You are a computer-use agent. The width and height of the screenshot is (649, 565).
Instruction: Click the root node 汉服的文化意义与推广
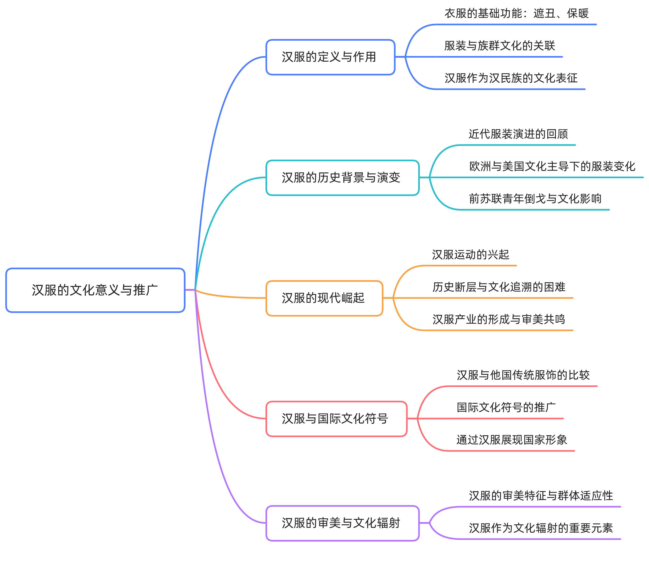[95, 290]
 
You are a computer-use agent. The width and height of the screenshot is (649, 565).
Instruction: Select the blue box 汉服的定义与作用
[330, 57]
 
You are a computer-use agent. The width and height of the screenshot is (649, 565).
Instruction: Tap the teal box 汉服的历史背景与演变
[342, 178]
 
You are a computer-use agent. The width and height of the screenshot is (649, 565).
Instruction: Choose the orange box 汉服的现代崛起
[324, 298]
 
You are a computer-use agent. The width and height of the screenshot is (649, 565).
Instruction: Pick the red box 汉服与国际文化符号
[336, 419]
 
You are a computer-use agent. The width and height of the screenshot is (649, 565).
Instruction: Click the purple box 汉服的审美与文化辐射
[342, 523]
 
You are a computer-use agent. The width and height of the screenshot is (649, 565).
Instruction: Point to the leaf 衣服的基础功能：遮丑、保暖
[516, 13]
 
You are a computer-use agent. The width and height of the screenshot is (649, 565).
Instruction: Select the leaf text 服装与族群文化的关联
[500, 46]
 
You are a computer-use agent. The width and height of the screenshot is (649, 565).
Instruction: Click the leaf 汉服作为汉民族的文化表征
[511, 78]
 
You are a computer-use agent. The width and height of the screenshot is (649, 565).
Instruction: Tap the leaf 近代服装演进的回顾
[518, 134]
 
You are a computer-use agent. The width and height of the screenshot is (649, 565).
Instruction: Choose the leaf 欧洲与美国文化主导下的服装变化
[552, 166]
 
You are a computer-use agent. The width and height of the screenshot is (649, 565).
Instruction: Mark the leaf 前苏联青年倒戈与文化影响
[535, 199]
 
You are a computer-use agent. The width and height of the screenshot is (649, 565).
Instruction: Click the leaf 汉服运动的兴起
[470, 255]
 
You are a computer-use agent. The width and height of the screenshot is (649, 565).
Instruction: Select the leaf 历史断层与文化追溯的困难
[499, 287]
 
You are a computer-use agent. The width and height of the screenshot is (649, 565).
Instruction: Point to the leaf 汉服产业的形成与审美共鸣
[499, 319]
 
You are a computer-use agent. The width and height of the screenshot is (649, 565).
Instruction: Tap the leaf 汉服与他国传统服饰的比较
[523, 375]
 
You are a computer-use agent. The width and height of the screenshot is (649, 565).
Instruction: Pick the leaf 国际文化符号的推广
[506, 407]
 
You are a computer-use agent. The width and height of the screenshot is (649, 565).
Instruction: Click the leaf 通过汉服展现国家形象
[512, 440]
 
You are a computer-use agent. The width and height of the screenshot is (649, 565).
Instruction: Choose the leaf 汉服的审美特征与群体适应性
[541, 496]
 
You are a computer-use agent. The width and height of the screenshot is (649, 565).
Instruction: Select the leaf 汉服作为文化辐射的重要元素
[541, 528]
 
